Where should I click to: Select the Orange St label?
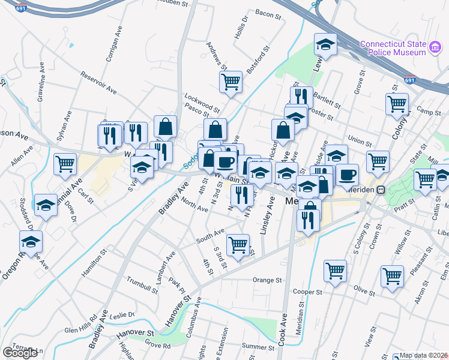(267, 280)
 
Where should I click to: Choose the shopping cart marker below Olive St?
(391, 277)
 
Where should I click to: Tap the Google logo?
(20, 353)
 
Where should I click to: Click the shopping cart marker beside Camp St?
(397, 104)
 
